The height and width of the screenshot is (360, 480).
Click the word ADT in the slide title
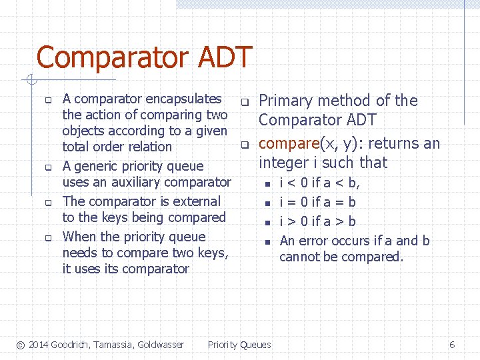tap(228, 58)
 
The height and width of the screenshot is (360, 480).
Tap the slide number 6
tap(452, 345)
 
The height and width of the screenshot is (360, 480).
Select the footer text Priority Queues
tap(239, 345)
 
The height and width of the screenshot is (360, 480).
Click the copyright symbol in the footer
tap(21, 345)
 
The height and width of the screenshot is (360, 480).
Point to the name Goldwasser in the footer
tap(159, 345)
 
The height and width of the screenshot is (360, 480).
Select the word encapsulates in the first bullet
tap(183, 99)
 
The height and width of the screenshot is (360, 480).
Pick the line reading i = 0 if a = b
tap(317, 202)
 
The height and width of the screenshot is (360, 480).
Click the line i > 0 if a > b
tap(317, 221)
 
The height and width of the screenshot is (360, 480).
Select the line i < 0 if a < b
tap(319, 183)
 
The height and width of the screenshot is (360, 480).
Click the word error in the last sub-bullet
tap(314, 241)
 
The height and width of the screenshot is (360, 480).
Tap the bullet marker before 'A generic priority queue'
tap(48, 167)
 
